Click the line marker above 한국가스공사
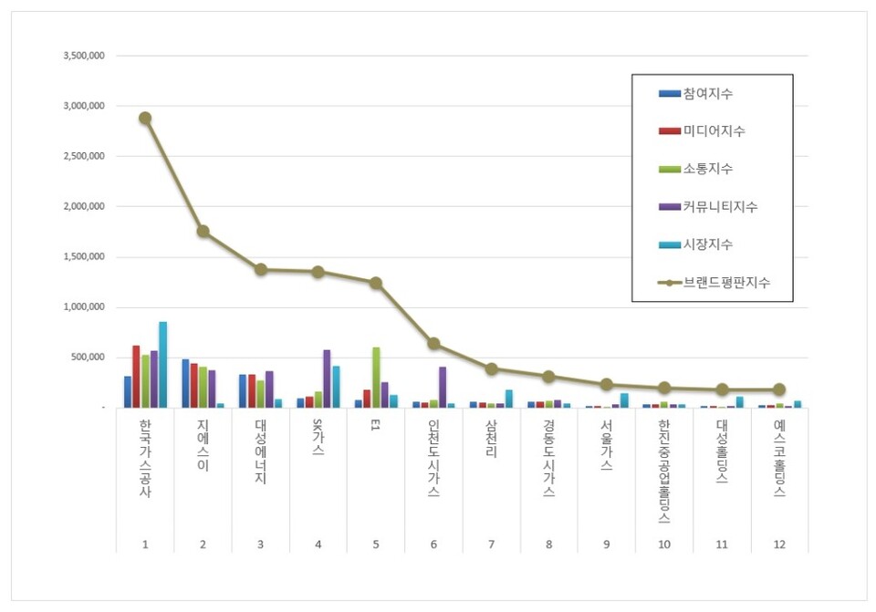pos(145,118)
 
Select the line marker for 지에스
pos(203,232)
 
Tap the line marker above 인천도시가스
pos(433,344)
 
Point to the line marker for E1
pos(376,283)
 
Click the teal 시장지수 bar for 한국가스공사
pos(162,365)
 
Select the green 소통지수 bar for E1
pos(376,378)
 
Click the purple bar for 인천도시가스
pos(443,387)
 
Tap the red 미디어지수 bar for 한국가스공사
pos(136,377)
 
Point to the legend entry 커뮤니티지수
pos(720,207)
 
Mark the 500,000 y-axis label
pos(88,358)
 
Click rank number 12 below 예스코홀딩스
pos(779,545)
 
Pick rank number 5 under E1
pos(376,545)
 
